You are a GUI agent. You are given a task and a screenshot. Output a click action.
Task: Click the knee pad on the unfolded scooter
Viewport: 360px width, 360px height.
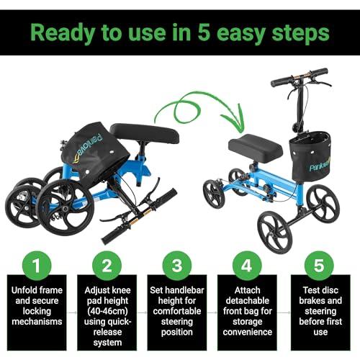click(x=256, y=146)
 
